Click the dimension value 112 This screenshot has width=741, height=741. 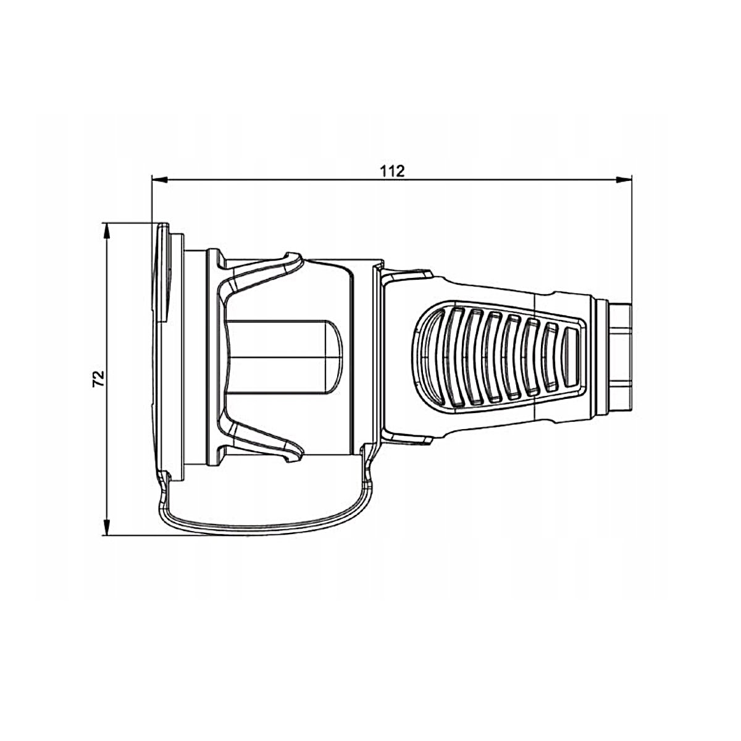coord(392,170)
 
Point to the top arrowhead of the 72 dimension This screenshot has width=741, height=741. coord(107,232)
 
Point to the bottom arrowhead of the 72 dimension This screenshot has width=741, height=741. coord(107,527)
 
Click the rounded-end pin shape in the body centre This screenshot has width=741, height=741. coord(284,358)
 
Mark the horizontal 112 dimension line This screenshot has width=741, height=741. coord(392,179)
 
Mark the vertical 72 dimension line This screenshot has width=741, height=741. coord(107,379)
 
